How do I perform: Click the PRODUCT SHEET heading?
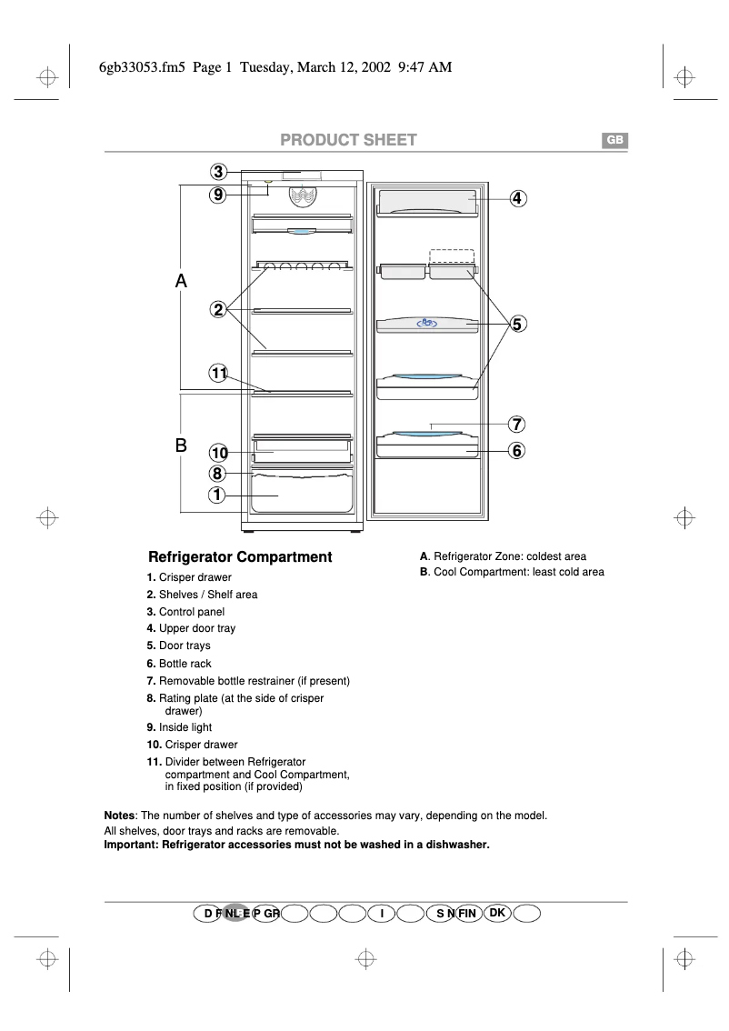tap(348, 140)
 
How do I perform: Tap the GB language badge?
tap(614, 140)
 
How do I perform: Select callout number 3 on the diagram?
tap(218, 172)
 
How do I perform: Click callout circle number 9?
tap(218, 194)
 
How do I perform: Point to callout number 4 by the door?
tap(516, 197)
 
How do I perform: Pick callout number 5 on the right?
tap(516, 324)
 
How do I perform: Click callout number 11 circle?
tap(218, 373)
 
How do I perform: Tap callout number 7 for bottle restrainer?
tap(516, 424)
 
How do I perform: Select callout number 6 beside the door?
tap(516, 450)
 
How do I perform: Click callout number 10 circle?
tap(218, 453)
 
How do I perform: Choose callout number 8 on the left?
tap(218, 473)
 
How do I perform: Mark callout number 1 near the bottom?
tap(218, 495)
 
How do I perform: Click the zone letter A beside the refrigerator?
tap(181, 282)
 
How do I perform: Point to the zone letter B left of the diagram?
tap(181, 445)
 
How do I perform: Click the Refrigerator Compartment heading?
tap(240, 557)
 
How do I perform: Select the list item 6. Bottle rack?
tap(179, 664)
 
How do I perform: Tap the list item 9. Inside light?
tap(179, 727)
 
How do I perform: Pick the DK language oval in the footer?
tap(496, 912)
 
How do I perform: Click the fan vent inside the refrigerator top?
tap(304, 195)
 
